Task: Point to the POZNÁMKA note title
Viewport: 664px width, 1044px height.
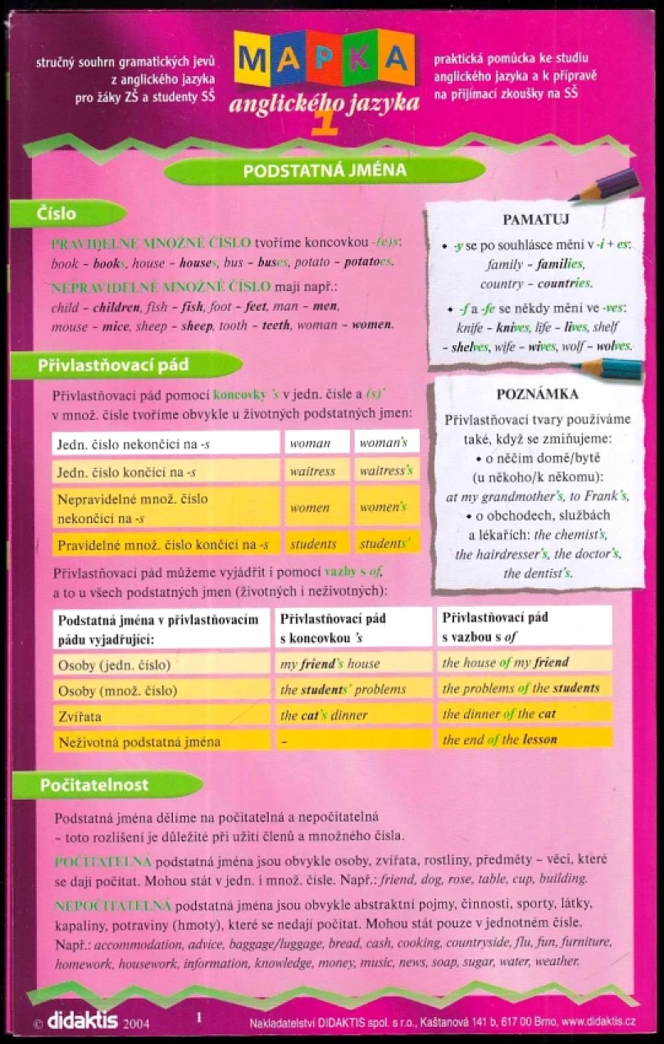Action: (537, 394)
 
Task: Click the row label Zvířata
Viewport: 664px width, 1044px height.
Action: (79, 716)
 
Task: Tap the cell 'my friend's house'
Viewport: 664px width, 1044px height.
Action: (330, 663)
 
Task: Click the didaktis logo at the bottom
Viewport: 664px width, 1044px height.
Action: (83, 1021)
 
